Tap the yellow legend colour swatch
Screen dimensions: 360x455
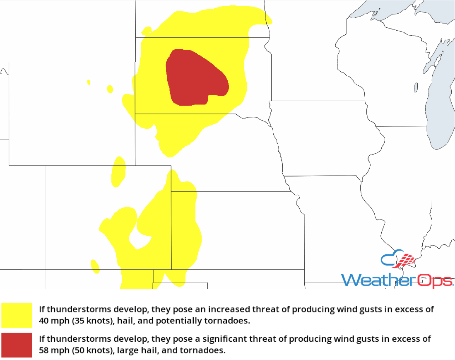[x=17, y=315]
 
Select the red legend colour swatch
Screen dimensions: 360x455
[x=17, y=345]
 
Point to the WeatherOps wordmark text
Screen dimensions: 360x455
[x=397, y=280]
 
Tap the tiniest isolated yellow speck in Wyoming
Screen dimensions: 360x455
[x=89, y=82]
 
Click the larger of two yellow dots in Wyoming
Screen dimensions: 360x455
[x=110, y=89]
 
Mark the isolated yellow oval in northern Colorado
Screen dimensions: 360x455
[x=118, y=171]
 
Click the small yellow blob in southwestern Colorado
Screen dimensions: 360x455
[x=95, y=266]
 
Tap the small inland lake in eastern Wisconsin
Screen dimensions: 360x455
[x=416, y=87]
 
